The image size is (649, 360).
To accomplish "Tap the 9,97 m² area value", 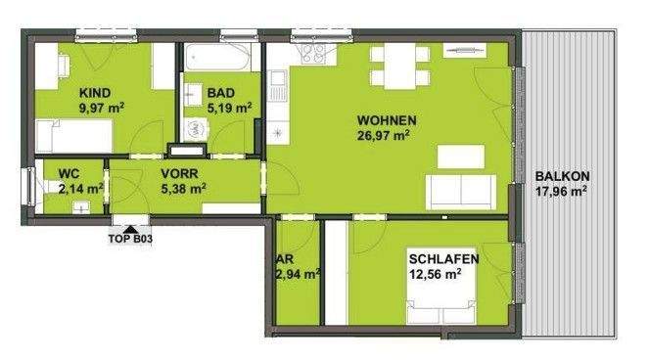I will pos(102,109).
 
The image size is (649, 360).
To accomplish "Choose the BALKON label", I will pos(561,176).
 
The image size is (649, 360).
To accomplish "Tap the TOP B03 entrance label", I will pos(128,236).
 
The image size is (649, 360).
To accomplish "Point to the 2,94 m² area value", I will pos(299,275).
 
